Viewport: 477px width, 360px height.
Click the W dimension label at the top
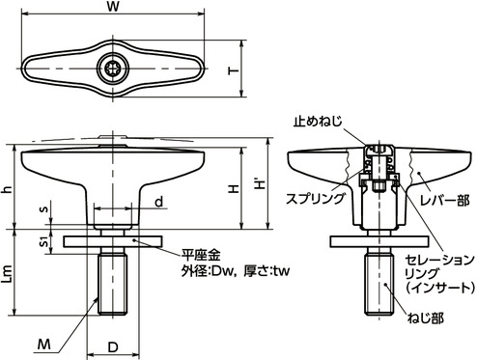point(113,7)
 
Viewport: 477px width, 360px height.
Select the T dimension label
point(234,70)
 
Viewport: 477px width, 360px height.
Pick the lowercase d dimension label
point(159,202)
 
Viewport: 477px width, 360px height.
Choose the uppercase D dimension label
point(113,347)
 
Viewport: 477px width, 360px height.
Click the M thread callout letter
point(44,345)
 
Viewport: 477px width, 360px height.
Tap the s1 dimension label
point(45,241)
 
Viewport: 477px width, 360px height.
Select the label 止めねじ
point(318,122)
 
